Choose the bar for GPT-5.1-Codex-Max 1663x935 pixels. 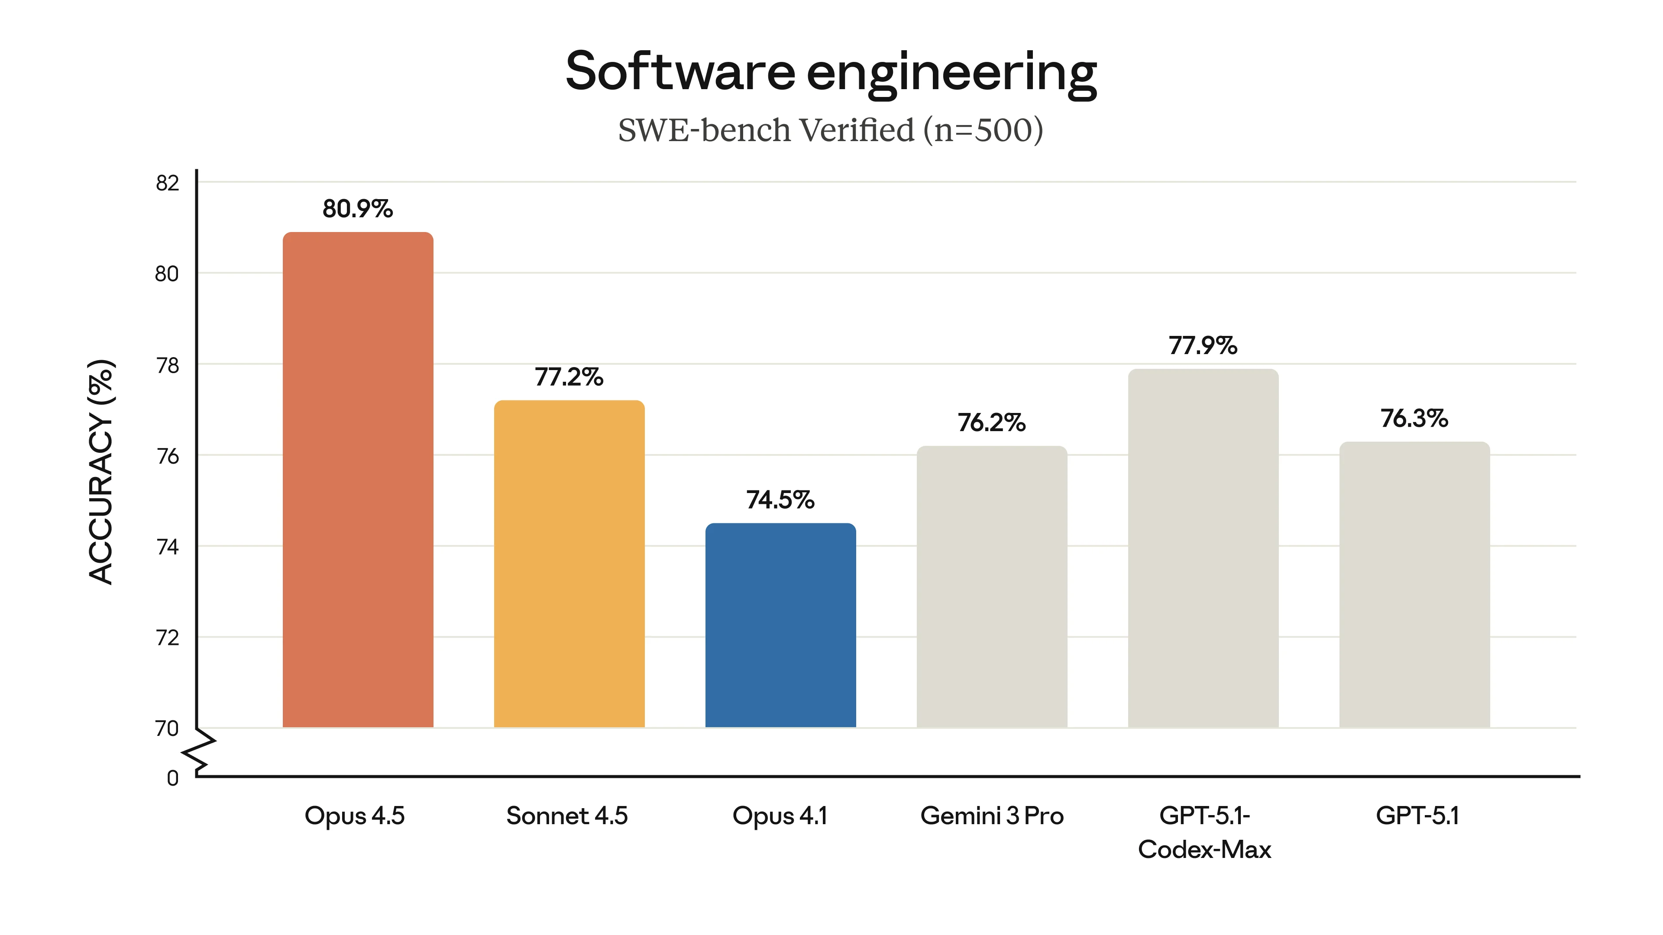[1203, 548]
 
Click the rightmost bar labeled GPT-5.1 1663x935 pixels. [1414, 584]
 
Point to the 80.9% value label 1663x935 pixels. [358, 209]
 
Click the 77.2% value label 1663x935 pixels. [569, 377]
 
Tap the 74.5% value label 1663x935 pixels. [780, 500]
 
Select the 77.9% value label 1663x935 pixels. [1203, 346]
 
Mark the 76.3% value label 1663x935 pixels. [1414, 419]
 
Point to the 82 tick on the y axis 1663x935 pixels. [167, 183]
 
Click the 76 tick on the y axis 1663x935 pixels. [167, 457]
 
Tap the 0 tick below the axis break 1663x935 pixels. [172, 778]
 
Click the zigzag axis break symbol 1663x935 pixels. [200, 752]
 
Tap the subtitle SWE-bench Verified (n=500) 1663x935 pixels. [830, 130]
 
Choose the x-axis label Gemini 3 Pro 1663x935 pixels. [992, 816]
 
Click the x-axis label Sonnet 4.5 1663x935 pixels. [567, 816]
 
